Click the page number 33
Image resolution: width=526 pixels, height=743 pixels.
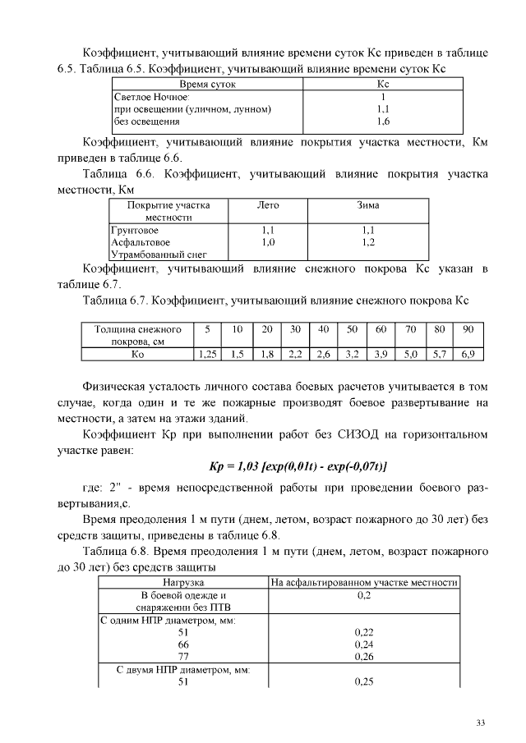coord(481,722)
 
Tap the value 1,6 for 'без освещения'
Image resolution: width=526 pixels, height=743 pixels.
coord(382,121)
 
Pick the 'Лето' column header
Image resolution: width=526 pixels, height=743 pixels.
coord(267,204)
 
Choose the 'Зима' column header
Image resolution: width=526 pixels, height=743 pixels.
coord(367,204)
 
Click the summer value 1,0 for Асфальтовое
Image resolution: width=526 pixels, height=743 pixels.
coord(267,243)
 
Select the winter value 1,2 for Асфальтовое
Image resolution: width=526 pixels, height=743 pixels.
coord(367,243)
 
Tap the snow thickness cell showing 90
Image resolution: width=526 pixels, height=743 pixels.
coord(468,329)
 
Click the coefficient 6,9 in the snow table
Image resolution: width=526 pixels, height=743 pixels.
coord(468,355)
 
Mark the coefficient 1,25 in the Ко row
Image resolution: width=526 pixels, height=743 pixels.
coord(208,355)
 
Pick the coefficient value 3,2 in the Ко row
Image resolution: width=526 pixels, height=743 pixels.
coord(353,355)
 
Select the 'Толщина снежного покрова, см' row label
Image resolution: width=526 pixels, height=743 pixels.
coord(137,335)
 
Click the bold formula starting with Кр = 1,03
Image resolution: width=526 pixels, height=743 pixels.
coord(293,467)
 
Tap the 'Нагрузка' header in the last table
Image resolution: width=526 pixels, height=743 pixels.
coord(184,583)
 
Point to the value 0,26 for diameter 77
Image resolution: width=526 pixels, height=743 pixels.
coord(364,657)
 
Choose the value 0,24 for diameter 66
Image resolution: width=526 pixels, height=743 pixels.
coord(364,644)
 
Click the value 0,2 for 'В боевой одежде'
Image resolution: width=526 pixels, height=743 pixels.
coord(364,595)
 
